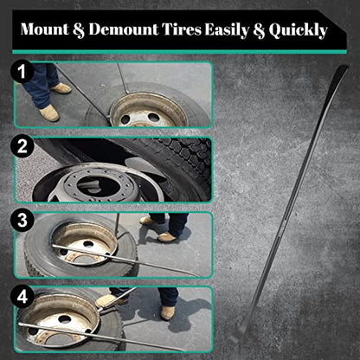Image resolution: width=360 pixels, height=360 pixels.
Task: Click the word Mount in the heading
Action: pyautogui.click(x=45, y=29)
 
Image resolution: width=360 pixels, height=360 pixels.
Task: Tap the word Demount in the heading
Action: pyautogui.click(x=124, y=29)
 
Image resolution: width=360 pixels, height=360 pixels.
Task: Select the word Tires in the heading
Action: pyautogui.click(x=181, y=29)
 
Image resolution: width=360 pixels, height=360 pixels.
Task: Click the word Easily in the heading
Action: pyautogui.click(x=227, y=30)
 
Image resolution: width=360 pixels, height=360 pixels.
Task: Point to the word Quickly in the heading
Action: pyautogui.click(x=299, y=30)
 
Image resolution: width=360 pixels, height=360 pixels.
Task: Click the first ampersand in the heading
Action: pyautogui.click(x=79, y=29)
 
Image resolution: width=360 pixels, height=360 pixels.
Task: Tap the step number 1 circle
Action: pyautogui.click(x=22, y=71)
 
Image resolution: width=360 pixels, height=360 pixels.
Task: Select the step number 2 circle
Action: pyautogui.click(x=22, y=146)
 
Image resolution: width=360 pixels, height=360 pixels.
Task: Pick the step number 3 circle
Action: pyautogui.click(x=22, y=221)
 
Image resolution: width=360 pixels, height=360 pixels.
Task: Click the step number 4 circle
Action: pyautogui.click(x=22, y=297)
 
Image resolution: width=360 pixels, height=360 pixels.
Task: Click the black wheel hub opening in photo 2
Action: pyautogui.click(x=98, y=185)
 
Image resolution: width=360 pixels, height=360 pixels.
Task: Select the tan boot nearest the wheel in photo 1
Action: pyautogui.click(x=49, y=112)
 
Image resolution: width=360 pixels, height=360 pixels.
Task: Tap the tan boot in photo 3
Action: pyautogui.click(x=167, y=237)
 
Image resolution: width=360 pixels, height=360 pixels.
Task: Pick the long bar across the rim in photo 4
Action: pyautogui.click(x=101, y=337)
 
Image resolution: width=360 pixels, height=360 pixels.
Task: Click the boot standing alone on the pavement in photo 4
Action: pyautogui.click(x=168, y=312)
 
